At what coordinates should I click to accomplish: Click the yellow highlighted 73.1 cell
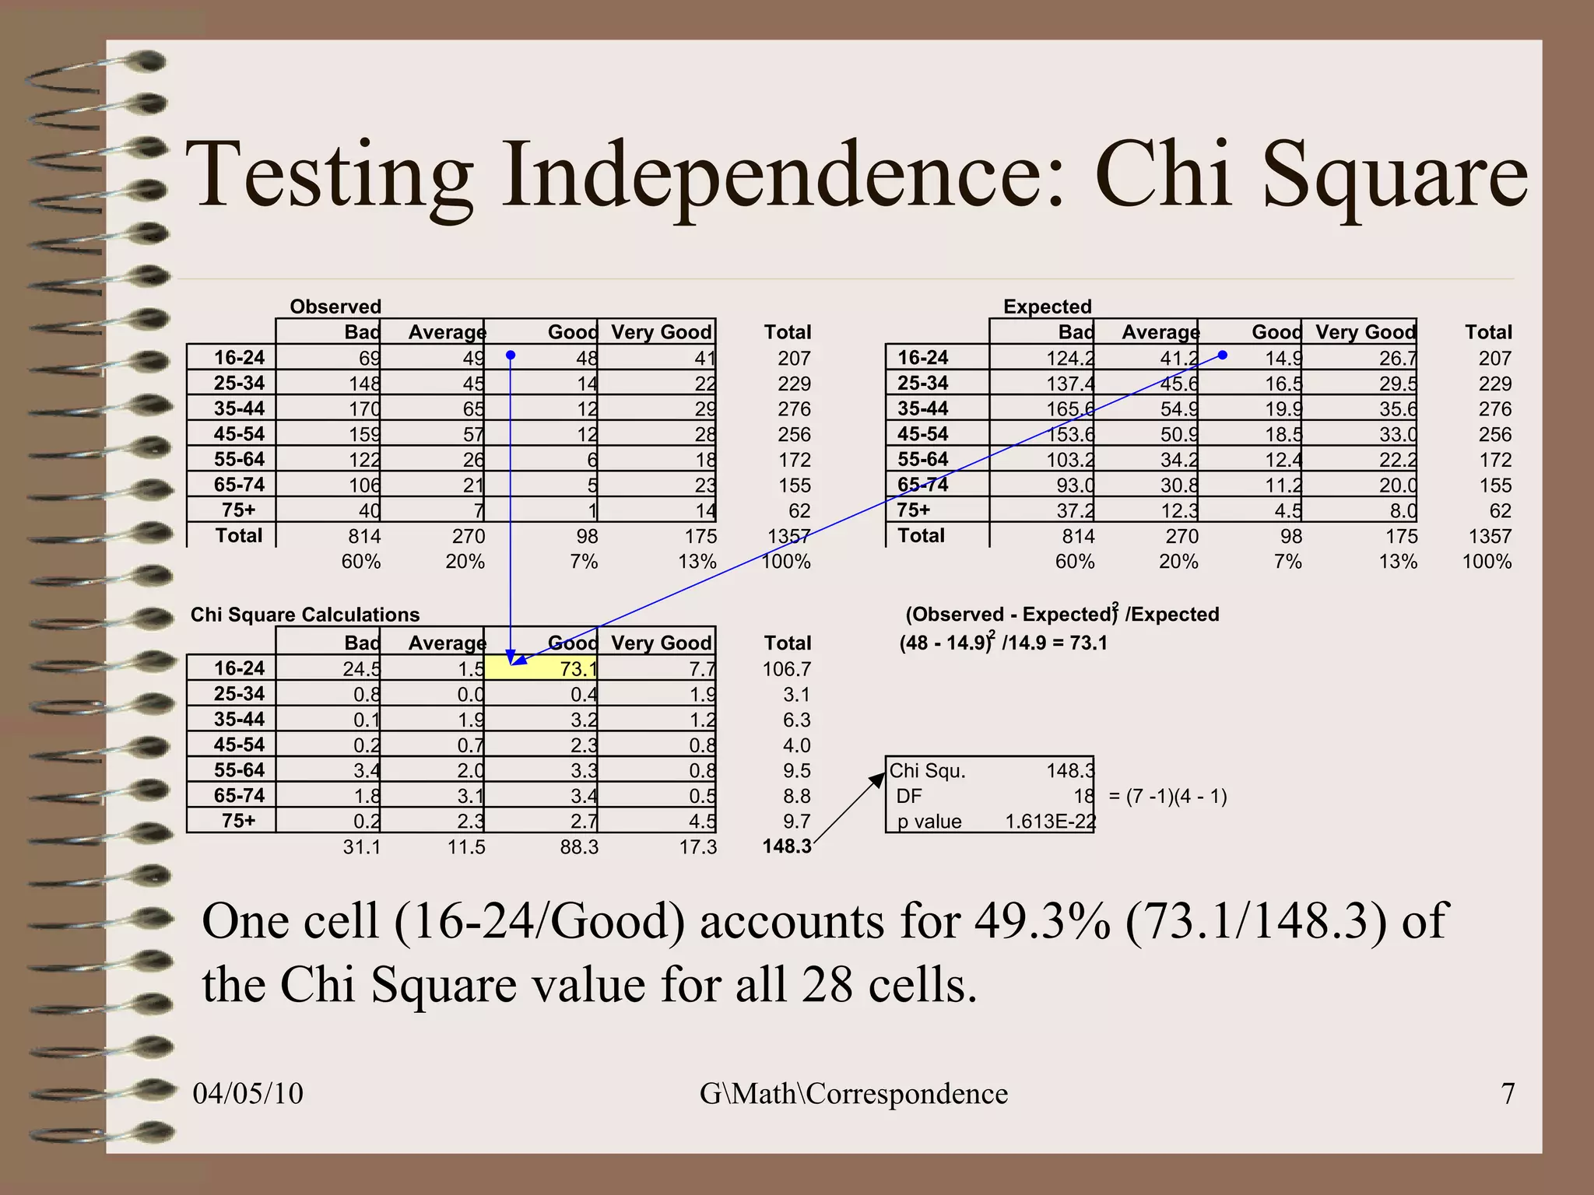click(x=541, y=668)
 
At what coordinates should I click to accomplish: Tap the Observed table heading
click(x=335, y=307)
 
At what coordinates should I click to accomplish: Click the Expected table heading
click(x=1047, y=307)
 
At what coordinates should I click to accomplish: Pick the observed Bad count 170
click(x=364, y=409)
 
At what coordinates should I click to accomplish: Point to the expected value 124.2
click(x=1070, y=359)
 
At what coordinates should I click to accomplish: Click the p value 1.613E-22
click(x=1050, y=822)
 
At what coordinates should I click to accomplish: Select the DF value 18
click(x=1083, y=796)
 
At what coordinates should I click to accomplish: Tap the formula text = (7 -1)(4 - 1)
click(x=1167, y=797)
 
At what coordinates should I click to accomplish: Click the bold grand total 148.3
click(x=786, y=846)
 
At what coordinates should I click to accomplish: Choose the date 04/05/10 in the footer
click(x=248, y=1093)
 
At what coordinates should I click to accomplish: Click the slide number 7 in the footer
click(x=1508, y=1093)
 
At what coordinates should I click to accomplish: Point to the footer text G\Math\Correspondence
click(x=853, y=1093)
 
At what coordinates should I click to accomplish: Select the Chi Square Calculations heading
click(x=305, y=615)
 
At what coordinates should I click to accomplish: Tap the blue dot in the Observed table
click(x=511, y=356)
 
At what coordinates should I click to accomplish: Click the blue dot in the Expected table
click(x=1222, y=355)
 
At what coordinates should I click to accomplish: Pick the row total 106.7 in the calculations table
click(x=786, y=669)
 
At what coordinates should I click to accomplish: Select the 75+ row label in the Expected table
click(x=914, y=510)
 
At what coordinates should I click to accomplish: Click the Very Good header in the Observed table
click(x=661, y=332)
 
